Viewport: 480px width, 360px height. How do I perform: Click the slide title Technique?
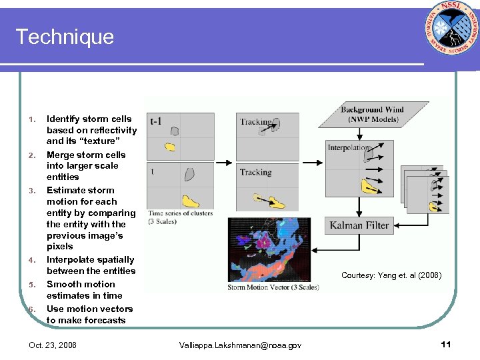[65, 37]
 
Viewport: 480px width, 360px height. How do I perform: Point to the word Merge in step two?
[61, 155]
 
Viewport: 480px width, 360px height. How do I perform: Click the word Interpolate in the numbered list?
[70, 259]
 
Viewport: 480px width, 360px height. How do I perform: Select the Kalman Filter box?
[360, 225]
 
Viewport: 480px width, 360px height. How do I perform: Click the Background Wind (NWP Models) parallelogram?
[372, 114]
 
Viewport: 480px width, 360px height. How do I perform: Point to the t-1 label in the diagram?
[155, 121]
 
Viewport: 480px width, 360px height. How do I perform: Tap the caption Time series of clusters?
[180, 213]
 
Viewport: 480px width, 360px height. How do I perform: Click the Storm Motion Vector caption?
[273, 287]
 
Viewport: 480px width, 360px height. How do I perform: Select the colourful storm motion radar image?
[273, 250]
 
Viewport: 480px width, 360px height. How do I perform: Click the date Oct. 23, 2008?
[53, 345]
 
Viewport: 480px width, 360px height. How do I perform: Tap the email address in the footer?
[240, 345]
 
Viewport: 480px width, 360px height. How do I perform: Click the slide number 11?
[446, 344]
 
